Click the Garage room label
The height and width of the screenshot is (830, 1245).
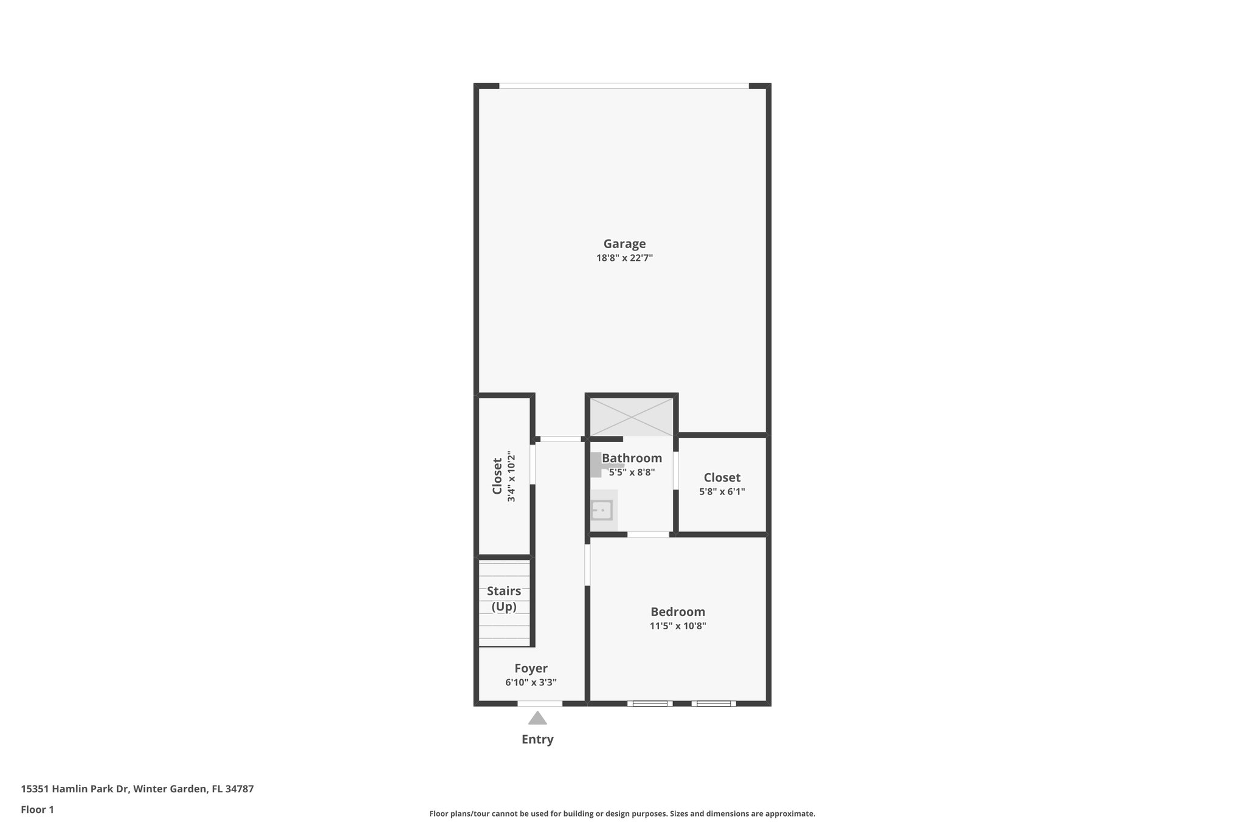624,244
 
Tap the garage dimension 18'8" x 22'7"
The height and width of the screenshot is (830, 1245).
624,258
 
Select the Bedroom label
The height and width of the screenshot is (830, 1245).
677,612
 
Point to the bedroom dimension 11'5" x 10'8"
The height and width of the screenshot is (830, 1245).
677,626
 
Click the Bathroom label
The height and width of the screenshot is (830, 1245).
632,458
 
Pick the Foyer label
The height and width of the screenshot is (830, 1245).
531,668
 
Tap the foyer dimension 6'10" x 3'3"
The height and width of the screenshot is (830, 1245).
531,682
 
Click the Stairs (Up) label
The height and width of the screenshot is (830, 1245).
504,599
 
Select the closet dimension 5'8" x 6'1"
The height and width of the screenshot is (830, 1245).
722,491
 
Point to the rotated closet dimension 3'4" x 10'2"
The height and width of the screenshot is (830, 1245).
511,477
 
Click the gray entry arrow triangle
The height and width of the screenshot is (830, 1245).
537,719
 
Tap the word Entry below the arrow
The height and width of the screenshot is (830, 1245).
537,739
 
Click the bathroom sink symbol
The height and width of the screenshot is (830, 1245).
602,510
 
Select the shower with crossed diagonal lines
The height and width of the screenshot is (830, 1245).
632,417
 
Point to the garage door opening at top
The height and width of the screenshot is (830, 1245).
624,86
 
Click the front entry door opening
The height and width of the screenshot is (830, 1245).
540,704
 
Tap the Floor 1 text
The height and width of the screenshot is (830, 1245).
37,809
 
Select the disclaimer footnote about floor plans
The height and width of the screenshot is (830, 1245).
622,814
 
